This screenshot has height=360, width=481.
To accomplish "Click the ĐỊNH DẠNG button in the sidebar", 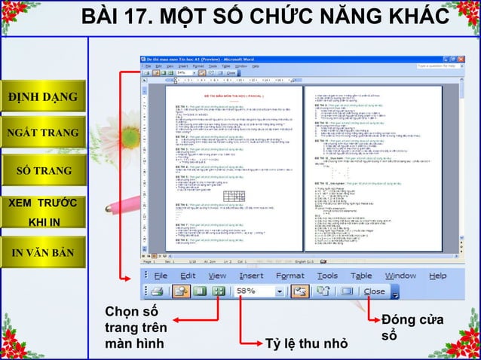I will click(x=43, y=98).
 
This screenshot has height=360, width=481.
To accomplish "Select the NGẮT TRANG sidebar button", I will click(x=43, y=134).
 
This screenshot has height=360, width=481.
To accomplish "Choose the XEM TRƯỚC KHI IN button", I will click(x=43, y=213).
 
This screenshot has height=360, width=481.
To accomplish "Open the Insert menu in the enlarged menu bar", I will click(x=251, y=276).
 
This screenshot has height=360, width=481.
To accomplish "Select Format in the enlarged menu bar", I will click(x=290, y=276).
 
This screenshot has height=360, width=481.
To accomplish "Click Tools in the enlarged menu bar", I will click(x=327, y=276).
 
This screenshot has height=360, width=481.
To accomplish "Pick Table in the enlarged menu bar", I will click(x=361, y=276).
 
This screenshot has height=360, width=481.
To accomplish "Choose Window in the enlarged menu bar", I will click(x=400, y=276).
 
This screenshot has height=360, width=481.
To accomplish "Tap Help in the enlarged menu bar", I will click(x=437, y=276).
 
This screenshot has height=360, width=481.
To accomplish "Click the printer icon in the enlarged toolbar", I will click(x=156, y=291).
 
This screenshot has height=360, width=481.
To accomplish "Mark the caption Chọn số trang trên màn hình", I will click(x=135, y=328).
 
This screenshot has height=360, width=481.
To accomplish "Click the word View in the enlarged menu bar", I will click(x=217, y=276).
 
